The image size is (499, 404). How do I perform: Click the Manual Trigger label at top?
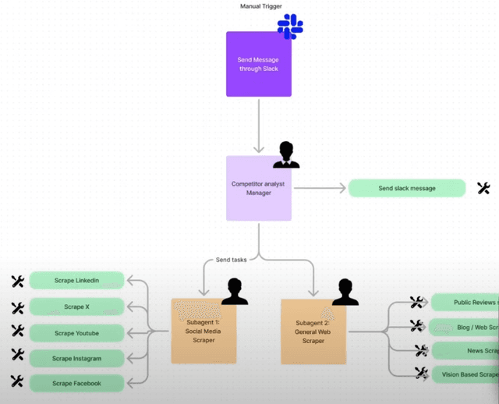[x=261, y=6]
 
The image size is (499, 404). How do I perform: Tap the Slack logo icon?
[x=290, y=27]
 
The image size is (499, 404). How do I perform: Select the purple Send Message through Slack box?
[x=259, y=64]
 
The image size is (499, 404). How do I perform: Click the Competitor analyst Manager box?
[x=259, y=188]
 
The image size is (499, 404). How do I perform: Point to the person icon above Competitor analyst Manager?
[x=286, y=154]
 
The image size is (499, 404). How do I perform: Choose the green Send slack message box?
[x=407, y=188]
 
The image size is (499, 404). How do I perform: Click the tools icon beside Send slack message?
[x=483, y=188]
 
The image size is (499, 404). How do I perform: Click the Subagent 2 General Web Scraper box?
[x=313, y=331]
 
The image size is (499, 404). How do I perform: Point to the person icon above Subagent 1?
[x=235, y=292]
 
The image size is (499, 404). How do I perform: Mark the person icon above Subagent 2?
[x=345, y=292]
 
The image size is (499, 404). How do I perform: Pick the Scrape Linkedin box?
[x=76, y=281]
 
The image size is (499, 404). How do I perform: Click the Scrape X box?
[x=76, y=307]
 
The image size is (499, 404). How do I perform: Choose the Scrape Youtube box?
[x=76, y=333]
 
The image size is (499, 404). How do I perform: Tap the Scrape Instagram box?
[x=76, y=359]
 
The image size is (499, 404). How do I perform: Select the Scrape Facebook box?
[x=76, y=384]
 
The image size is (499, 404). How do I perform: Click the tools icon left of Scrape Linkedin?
[x=18, y=281]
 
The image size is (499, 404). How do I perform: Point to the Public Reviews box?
[x=465, y=303]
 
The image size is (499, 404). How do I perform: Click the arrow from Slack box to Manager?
[x=259, y=125]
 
